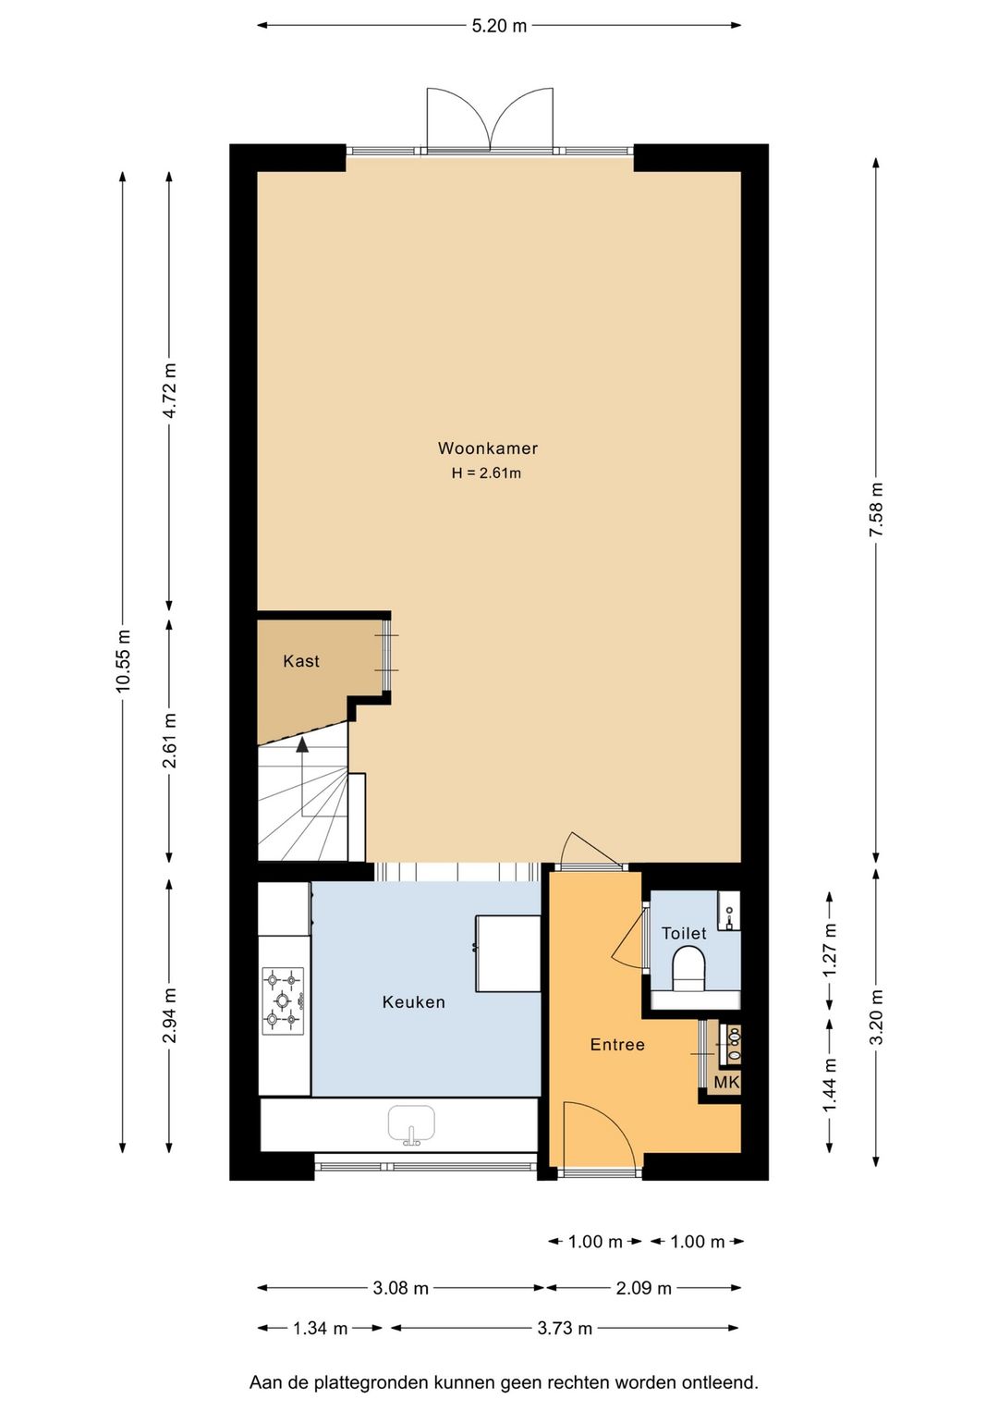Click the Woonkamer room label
[x=487, y=448]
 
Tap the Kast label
[x=301, y=661]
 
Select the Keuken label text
[x=414, y=1001]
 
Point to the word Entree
[x=617, y=1045]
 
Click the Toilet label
[x=684, y=933]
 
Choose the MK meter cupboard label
[x=726, y=1082]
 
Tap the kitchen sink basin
[x=412, y=1124]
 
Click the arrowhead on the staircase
[x=303, y=744]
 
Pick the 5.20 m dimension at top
[x=499, y=26]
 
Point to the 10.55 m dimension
[x=123, y=661]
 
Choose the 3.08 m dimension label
[x=400, y=1288]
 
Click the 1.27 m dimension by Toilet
[x=831, y=950]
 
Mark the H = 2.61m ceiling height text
[x=486, y=473]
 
